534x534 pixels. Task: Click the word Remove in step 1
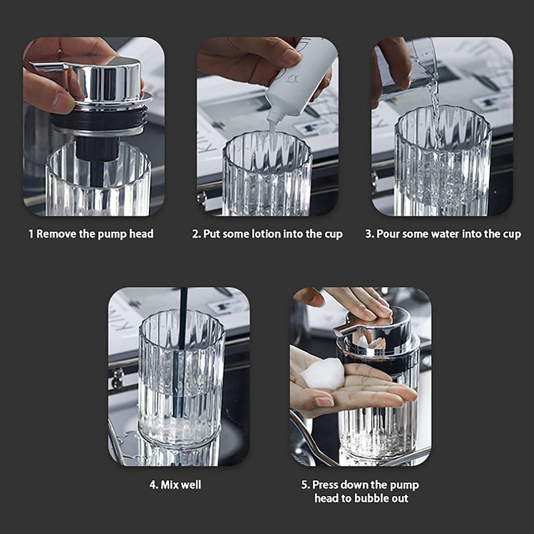point(57,234)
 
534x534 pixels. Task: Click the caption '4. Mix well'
point(176,485)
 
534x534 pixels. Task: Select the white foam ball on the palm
point(322,374)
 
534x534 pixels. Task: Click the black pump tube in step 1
point(97,161)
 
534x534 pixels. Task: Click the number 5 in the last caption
point(304,485)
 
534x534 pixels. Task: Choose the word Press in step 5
point(325,485)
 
